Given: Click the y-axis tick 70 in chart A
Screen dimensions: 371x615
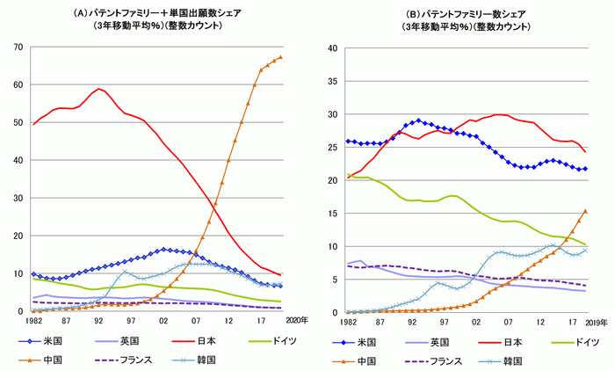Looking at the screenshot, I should pos(17,47).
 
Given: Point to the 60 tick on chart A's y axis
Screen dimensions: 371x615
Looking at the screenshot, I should pos(17,84).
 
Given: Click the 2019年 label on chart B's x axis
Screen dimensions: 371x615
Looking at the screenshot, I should pos(597,322).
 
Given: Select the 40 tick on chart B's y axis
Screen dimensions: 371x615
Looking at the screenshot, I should pos(331,47).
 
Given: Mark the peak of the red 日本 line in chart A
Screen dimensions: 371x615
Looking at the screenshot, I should pos(100,88).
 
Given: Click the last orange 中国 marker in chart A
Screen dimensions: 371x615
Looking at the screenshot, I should pos(280,57).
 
